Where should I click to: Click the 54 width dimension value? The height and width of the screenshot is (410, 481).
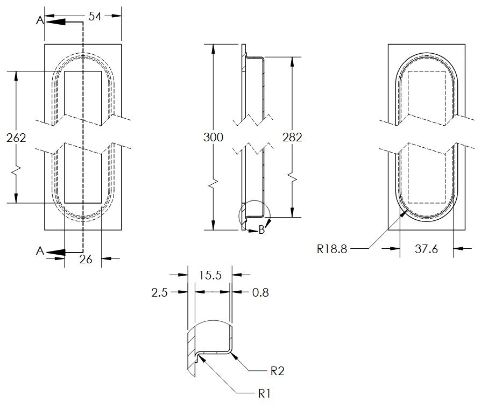coord(95,17)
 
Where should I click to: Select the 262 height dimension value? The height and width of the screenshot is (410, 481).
coord(16,138)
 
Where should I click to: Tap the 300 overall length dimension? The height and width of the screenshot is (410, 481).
coord(213,137)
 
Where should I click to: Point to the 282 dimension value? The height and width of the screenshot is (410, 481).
coord(292,137)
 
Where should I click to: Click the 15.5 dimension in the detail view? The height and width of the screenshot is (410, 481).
coord(210,275)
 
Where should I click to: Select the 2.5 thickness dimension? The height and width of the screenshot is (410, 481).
coord(159,292)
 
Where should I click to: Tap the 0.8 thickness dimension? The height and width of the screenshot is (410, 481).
coord(260,292)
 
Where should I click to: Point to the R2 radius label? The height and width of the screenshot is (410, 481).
coord(277,371)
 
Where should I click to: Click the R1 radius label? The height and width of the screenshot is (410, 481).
coord(264,394)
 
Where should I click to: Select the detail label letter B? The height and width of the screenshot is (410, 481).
coord(261,231)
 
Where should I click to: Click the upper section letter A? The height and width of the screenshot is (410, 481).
coord(39,20)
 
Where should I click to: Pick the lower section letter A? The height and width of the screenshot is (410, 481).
coord(39,251)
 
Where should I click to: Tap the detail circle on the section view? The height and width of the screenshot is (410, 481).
coord(252,215)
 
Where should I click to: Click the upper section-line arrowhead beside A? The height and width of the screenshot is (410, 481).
coord(56,22)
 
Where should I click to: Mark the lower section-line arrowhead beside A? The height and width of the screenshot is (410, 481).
coord(56,251)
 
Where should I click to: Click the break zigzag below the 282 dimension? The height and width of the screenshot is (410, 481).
coord(292,177)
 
